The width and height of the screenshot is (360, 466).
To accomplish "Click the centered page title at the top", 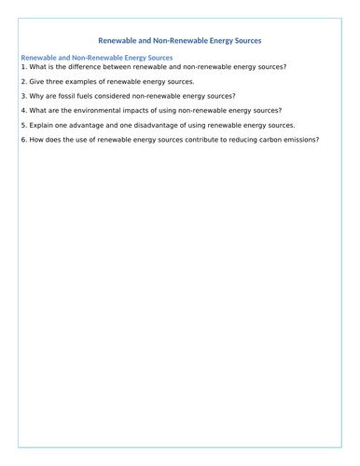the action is (180, 40).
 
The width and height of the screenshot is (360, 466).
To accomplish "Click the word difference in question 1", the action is (91, 67).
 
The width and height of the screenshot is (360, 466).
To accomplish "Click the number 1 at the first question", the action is (22, 67).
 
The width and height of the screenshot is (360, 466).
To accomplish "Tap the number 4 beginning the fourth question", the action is (22, 111).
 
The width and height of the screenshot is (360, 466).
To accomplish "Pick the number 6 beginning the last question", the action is (22, 140).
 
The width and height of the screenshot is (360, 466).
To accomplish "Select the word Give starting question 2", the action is (37, 82).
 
